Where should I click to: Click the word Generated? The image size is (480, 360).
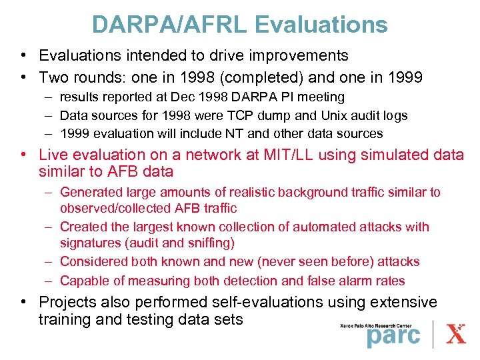tap(89, 192)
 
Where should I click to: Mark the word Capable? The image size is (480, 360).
tap(83, 281)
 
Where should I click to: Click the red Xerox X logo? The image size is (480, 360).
tap(456, 333)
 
